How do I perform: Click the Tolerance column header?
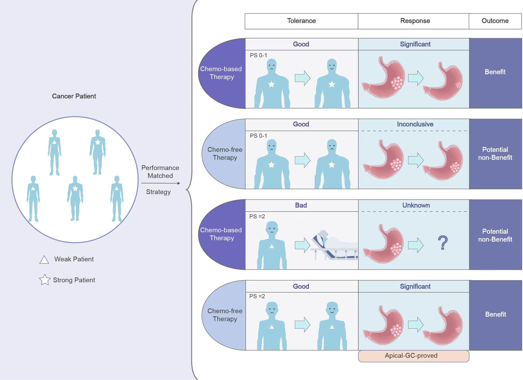301,21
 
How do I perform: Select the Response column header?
415,21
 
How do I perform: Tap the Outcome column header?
495,21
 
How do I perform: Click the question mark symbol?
443,243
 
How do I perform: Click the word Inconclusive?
415,124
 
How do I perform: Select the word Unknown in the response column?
416,205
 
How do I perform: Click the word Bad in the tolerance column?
301,205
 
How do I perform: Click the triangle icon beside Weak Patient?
44,260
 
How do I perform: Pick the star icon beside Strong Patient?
45,280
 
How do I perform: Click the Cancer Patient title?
74,96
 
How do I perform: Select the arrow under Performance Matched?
161,183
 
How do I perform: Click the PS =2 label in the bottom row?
257,296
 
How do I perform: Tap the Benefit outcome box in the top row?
495,72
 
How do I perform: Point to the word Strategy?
158,192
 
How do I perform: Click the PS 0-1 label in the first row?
258,55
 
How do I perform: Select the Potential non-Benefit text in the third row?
495,235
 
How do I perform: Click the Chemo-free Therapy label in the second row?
225,153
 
